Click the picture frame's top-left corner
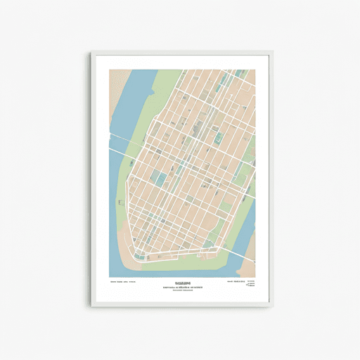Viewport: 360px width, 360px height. click(91, 51)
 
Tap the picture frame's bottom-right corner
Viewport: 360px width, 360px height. click(271, 307)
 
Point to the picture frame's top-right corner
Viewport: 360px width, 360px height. click(271, 51)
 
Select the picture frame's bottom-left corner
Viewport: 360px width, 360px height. click(91, 307)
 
